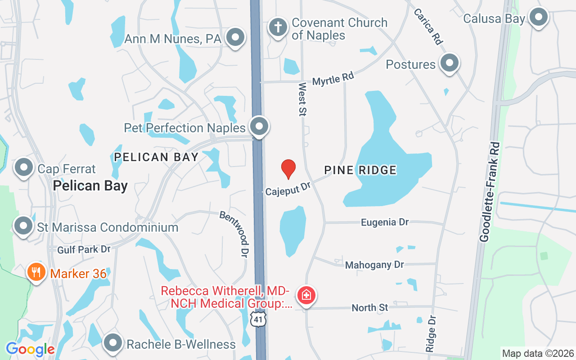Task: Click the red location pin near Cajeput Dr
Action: [288, 169]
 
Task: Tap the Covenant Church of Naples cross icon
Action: [278, 27]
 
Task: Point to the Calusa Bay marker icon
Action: [538, 18]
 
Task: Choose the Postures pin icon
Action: [449, 63]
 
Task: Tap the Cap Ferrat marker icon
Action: [24, 168]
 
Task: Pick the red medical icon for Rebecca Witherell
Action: [306, 296]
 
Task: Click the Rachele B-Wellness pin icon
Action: [113, 343]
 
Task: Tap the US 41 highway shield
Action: [259, 319]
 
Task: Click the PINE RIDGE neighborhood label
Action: [360, 170]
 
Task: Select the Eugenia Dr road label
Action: [385, 222]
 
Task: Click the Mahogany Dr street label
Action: [374, 265]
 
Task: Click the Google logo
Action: [30, 349]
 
